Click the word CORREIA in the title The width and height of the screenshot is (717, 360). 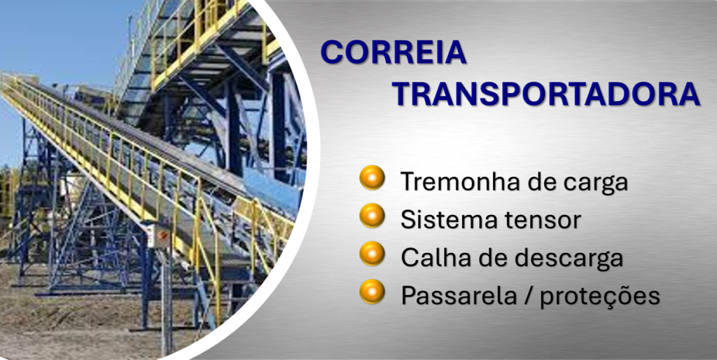[394, 52]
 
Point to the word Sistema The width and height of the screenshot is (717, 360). [443, 219]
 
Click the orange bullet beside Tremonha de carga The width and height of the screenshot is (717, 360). [372, 177]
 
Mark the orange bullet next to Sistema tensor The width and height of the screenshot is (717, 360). [372, 216]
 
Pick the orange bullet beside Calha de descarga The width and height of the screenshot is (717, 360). [372, 254]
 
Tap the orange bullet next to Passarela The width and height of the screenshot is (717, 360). [372, 291]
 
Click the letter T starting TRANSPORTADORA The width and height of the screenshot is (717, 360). [405, 95]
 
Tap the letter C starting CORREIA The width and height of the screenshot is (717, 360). [332, 52]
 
